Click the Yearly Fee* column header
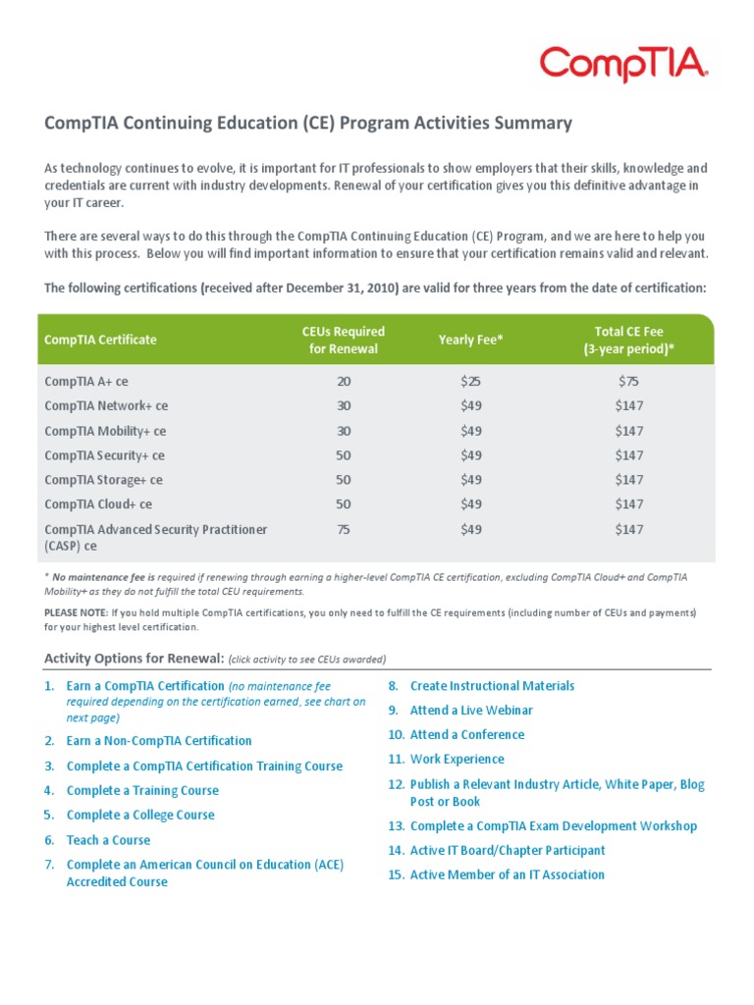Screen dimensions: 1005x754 (x=471, y=340)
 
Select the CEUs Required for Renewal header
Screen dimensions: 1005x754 (x=343, y=340)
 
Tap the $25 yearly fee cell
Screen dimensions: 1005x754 (x=471, y=382)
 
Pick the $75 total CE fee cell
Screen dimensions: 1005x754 (x=628, y=382)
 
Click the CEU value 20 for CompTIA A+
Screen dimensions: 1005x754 (x=343, y=382)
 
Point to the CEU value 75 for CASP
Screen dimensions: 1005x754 (x=343, y=529)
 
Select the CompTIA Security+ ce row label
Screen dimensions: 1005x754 (x=105, y=455)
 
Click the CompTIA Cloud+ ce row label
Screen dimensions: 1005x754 (x=98, y=504)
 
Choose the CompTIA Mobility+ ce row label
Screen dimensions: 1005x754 (x=105, y=431)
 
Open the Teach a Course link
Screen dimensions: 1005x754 (x=108, y=840)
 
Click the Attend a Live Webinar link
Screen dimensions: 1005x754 (x=471, y=711)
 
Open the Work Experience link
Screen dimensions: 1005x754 (x=457, y=760)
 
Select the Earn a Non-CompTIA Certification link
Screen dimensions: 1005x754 (x=159, y=741)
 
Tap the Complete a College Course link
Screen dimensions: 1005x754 (x=140, y=816)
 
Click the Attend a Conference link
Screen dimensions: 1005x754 (x=467, y=735)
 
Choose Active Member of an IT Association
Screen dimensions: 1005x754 (x=507, y=875)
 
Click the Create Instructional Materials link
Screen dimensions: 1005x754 (x=492, y=686)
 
